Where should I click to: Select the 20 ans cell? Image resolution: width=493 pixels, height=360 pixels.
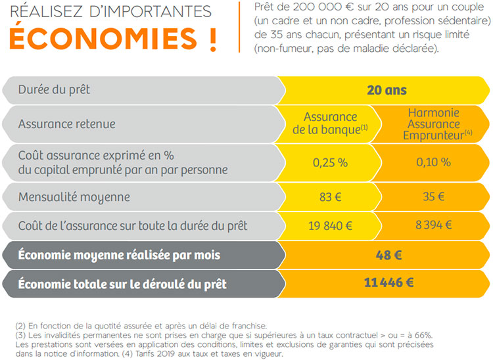387,90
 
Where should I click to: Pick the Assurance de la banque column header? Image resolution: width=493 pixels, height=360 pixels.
331,123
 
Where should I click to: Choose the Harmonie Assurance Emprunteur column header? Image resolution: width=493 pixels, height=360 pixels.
433,123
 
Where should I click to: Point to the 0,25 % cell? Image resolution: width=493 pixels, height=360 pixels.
331,162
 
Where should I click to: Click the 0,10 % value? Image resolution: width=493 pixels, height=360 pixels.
433,162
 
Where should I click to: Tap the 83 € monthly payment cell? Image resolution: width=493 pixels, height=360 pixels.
331,196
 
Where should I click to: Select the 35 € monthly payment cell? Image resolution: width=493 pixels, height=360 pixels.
433,196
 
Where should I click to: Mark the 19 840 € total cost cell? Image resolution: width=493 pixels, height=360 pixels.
331,225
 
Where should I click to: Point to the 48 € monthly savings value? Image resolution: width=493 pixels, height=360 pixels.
387,255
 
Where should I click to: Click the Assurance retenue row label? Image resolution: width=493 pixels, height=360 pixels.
67,123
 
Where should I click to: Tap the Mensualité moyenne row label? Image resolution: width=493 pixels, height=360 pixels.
74,196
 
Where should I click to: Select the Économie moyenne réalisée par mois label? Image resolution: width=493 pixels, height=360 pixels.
119,255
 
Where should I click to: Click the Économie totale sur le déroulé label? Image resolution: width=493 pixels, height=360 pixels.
122,284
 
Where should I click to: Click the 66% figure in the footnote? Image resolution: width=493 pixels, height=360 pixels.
418,335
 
